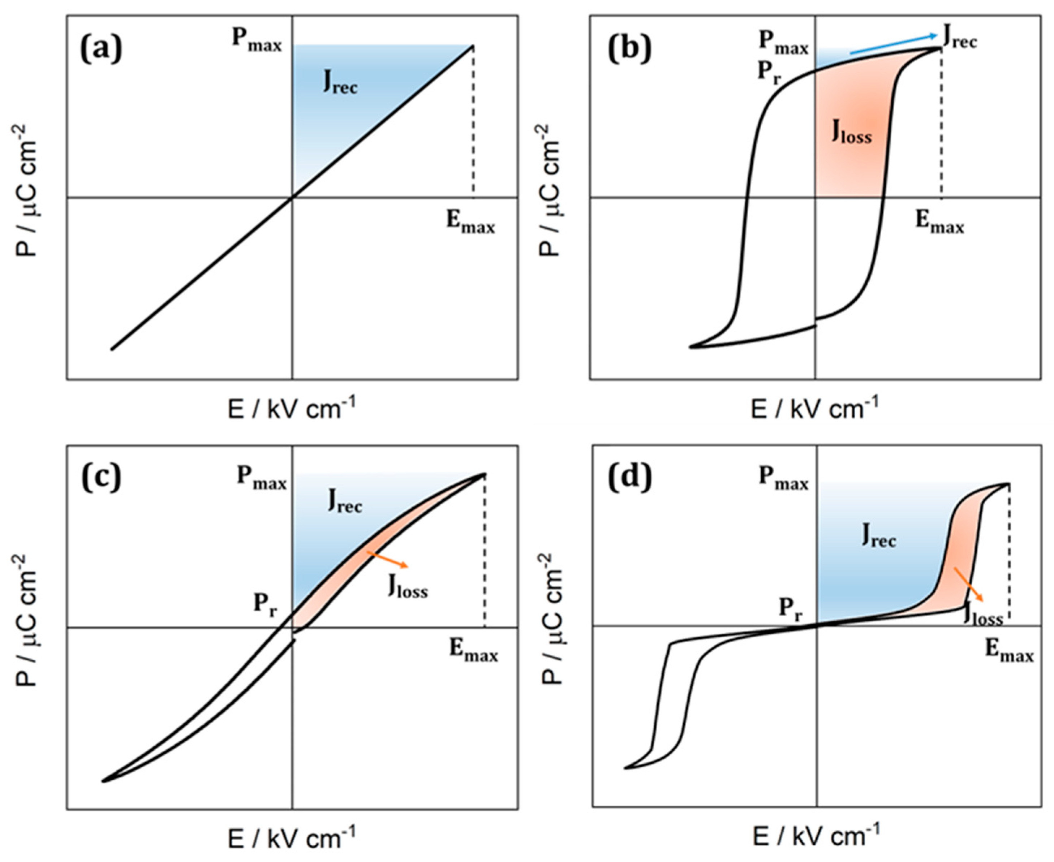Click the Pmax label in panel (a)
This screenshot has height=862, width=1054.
coord(257,41)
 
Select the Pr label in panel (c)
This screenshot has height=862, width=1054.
coord(267,605)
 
